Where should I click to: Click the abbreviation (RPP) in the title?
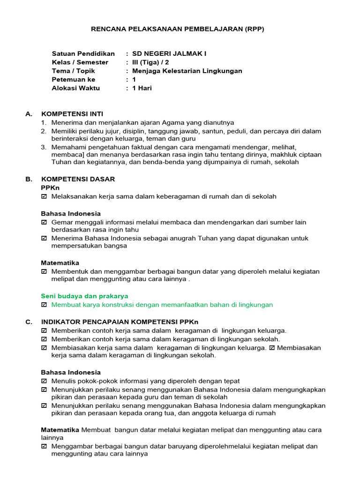(x=255, y=29)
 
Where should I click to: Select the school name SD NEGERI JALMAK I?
(x=169, y=54)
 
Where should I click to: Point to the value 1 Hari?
(x=142, y=88)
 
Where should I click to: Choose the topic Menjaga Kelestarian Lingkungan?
(x=187, y=71)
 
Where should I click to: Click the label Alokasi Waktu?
(x=75, y=88)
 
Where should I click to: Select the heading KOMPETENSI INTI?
(x=72, y=114)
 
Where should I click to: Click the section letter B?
(x=29, y=179)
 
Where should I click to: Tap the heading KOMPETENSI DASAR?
(x=78, y=179)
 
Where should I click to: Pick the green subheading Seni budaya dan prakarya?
(x=84, y=296)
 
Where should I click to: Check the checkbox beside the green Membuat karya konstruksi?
(x=44, y=305)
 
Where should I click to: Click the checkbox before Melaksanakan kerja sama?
(x=44, y=196)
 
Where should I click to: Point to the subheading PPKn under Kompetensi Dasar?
(x=50, y=187)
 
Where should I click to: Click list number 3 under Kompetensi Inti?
(x=43, y=147)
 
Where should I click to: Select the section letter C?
(x=29, y=322)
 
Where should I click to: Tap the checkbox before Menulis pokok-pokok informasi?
(x=44, y=382)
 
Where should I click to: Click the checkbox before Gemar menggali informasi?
(x=44, y=222)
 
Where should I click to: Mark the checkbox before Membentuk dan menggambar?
(x=44, y=271)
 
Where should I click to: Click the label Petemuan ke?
(x=74, y=80)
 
